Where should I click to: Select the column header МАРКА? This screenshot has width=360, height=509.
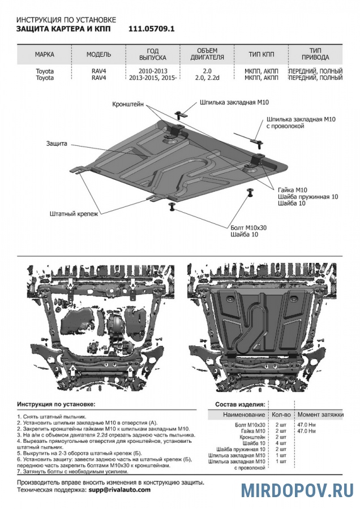45,55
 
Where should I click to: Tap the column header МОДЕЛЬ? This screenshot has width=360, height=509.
99,55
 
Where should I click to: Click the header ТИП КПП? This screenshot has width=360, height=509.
261,55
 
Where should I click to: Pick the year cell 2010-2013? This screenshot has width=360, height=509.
152,71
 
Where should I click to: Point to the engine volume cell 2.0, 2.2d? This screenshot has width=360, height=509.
205,77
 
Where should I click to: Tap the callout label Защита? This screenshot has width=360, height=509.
57,144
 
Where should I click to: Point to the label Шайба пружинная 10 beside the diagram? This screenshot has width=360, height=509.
308,196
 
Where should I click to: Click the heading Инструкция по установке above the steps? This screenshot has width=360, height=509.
56,405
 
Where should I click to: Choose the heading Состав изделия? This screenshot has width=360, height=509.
239,405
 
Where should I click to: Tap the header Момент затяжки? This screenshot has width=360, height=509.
320,415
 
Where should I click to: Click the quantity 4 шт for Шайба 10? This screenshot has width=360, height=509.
281,443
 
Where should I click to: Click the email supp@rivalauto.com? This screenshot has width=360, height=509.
119,490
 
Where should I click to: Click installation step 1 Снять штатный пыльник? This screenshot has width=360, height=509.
51,416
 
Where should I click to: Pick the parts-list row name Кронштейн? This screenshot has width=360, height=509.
252,437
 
